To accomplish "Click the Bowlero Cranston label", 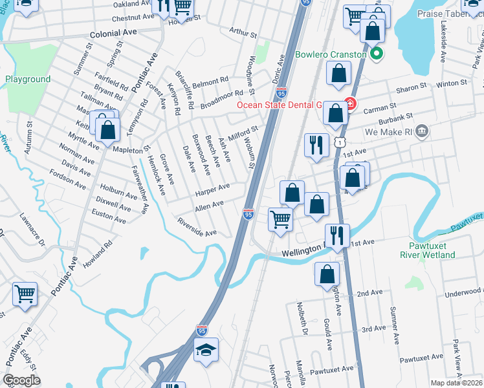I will point(331,54).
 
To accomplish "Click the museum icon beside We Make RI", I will point(422,132).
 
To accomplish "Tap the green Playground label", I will point(28,80).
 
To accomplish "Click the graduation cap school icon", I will point(206,350).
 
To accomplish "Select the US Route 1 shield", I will point(338,141).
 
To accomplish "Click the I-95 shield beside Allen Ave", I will point(248,213).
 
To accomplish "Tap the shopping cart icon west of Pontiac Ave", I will point(25,294).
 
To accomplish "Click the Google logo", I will point(22,380).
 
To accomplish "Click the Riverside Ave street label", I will point(197,227).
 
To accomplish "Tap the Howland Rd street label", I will point(102,248).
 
